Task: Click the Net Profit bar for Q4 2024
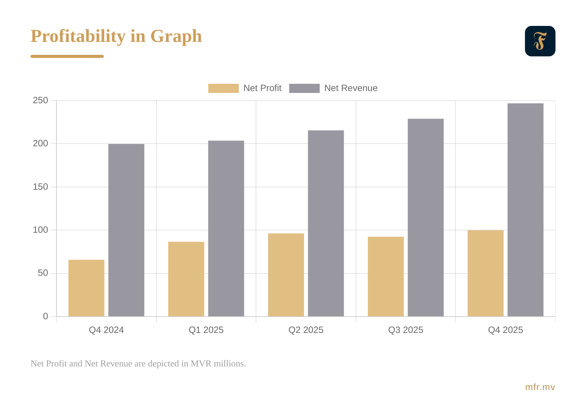coord(86,288)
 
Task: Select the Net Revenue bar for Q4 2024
coord(126,230)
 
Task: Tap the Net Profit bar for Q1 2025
coord(186,279)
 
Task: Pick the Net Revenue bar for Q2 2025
coord(326,223)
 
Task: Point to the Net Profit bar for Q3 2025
coord(386,277)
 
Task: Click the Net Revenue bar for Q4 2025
coord(525,210)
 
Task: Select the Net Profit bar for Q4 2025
coord(485,273)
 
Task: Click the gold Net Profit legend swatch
coord(223,88)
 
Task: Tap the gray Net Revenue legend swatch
coord(304,88)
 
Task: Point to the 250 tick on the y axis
coord(40,101)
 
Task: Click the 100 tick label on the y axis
coord(40,230)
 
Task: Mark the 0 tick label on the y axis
coord(46,316)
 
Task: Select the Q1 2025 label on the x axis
coord(206,330)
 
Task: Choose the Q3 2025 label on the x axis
coord(406,330)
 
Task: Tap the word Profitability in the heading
coord(78,37)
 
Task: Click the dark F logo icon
coord(540,41)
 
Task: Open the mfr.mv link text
coord(540,387)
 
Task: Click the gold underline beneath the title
coord(67,56)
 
